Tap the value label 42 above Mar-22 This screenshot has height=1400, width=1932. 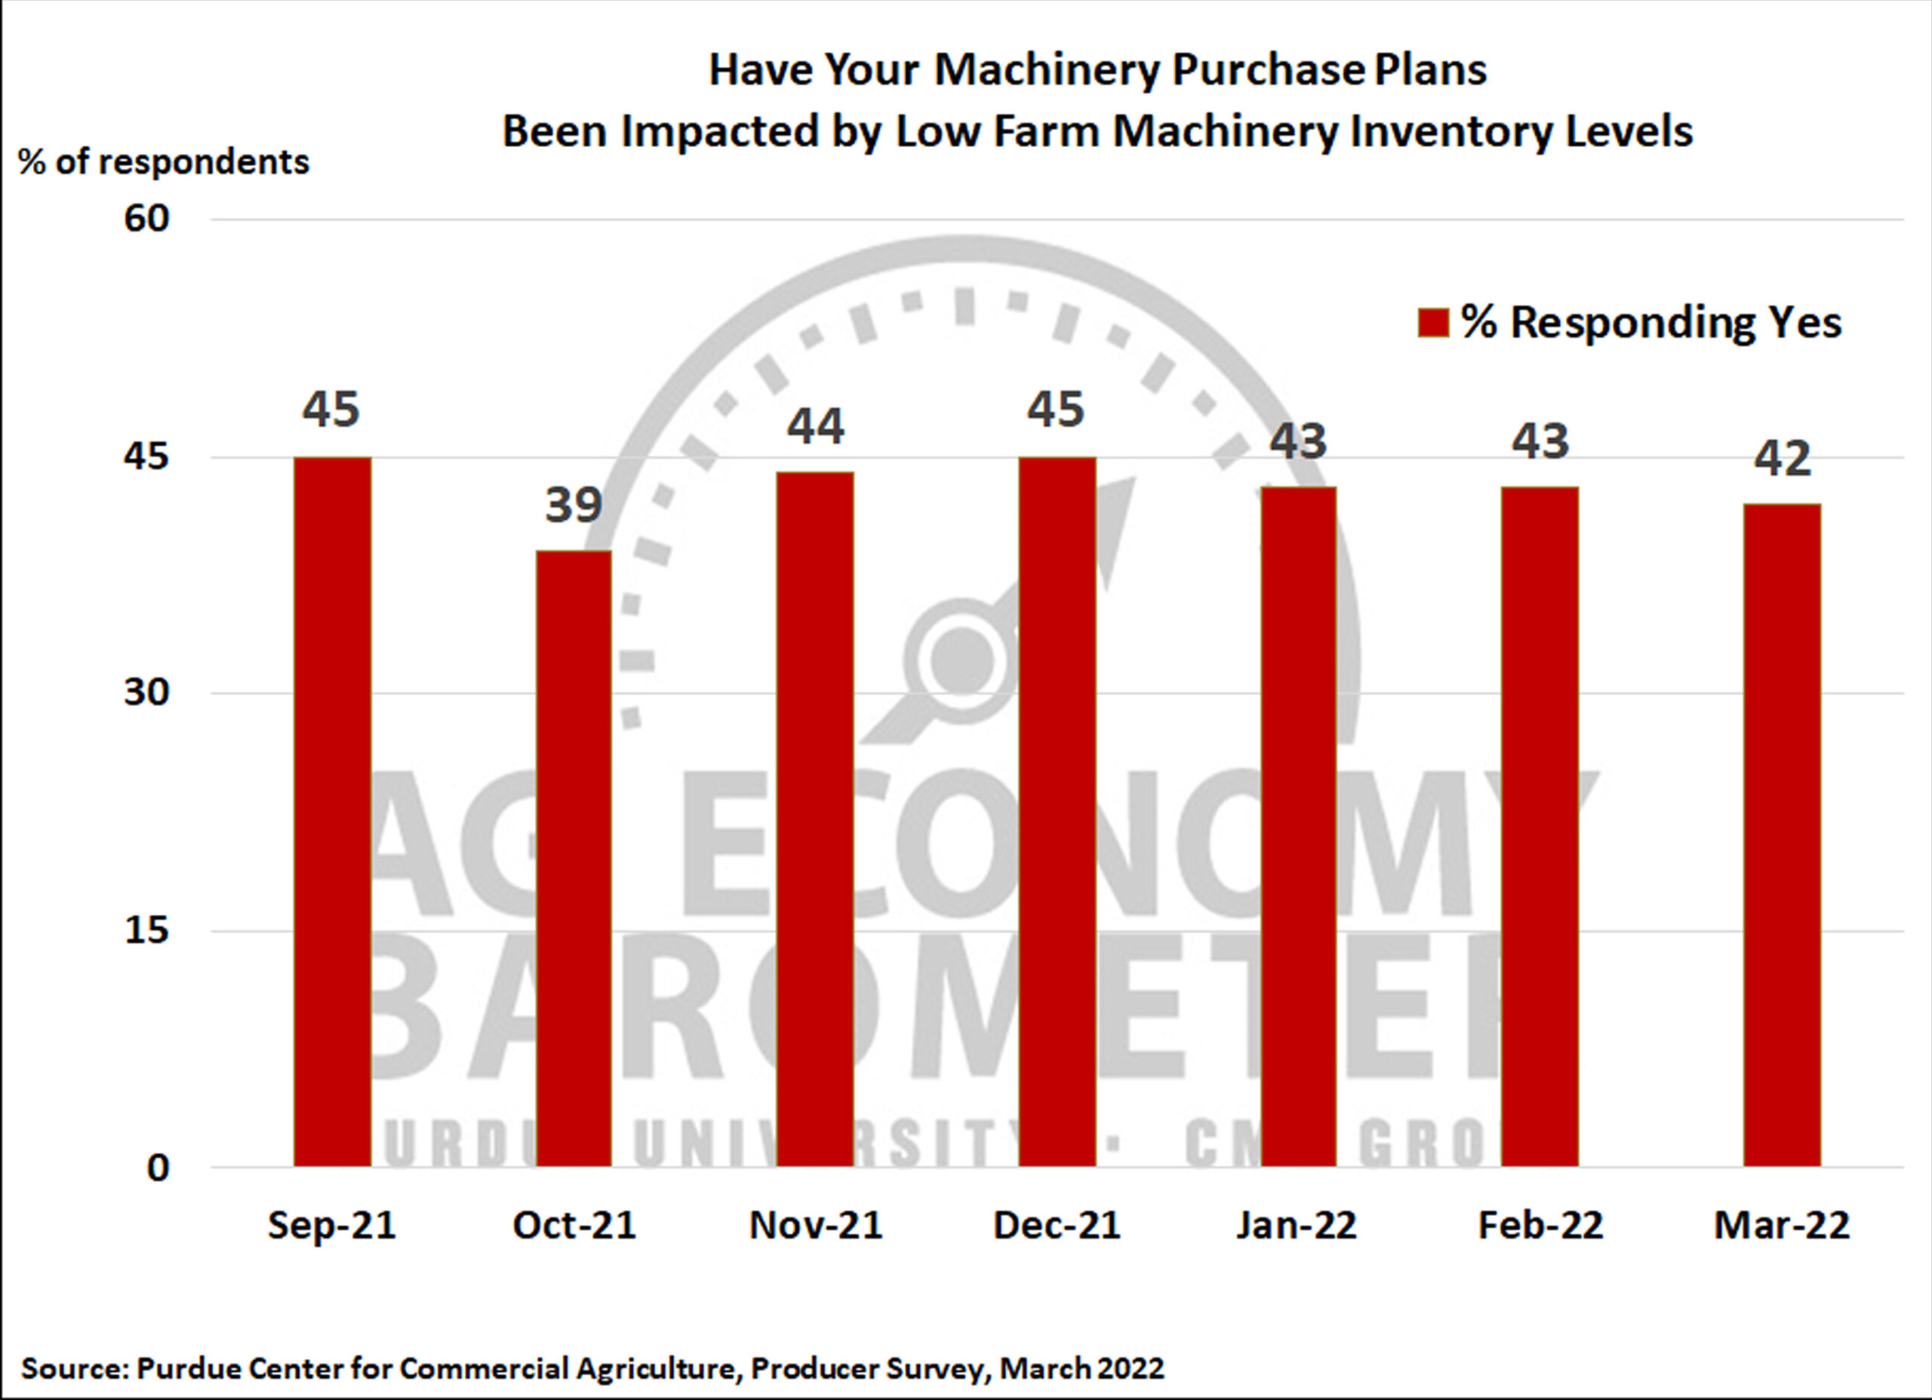point(1782,459)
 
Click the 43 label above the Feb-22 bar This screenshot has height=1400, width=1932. point(1540,441)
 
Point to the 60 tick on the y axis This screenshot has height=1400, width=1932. point(146,219)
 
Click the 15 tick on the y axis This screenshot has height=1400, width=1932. point(146,930)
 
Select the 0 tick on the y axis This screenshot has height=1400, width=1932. point(158,1168)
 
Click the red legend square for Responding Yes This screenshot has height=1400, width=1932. point(1433,323)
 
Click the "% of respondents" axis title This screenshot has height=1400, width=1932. point(164,162)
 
